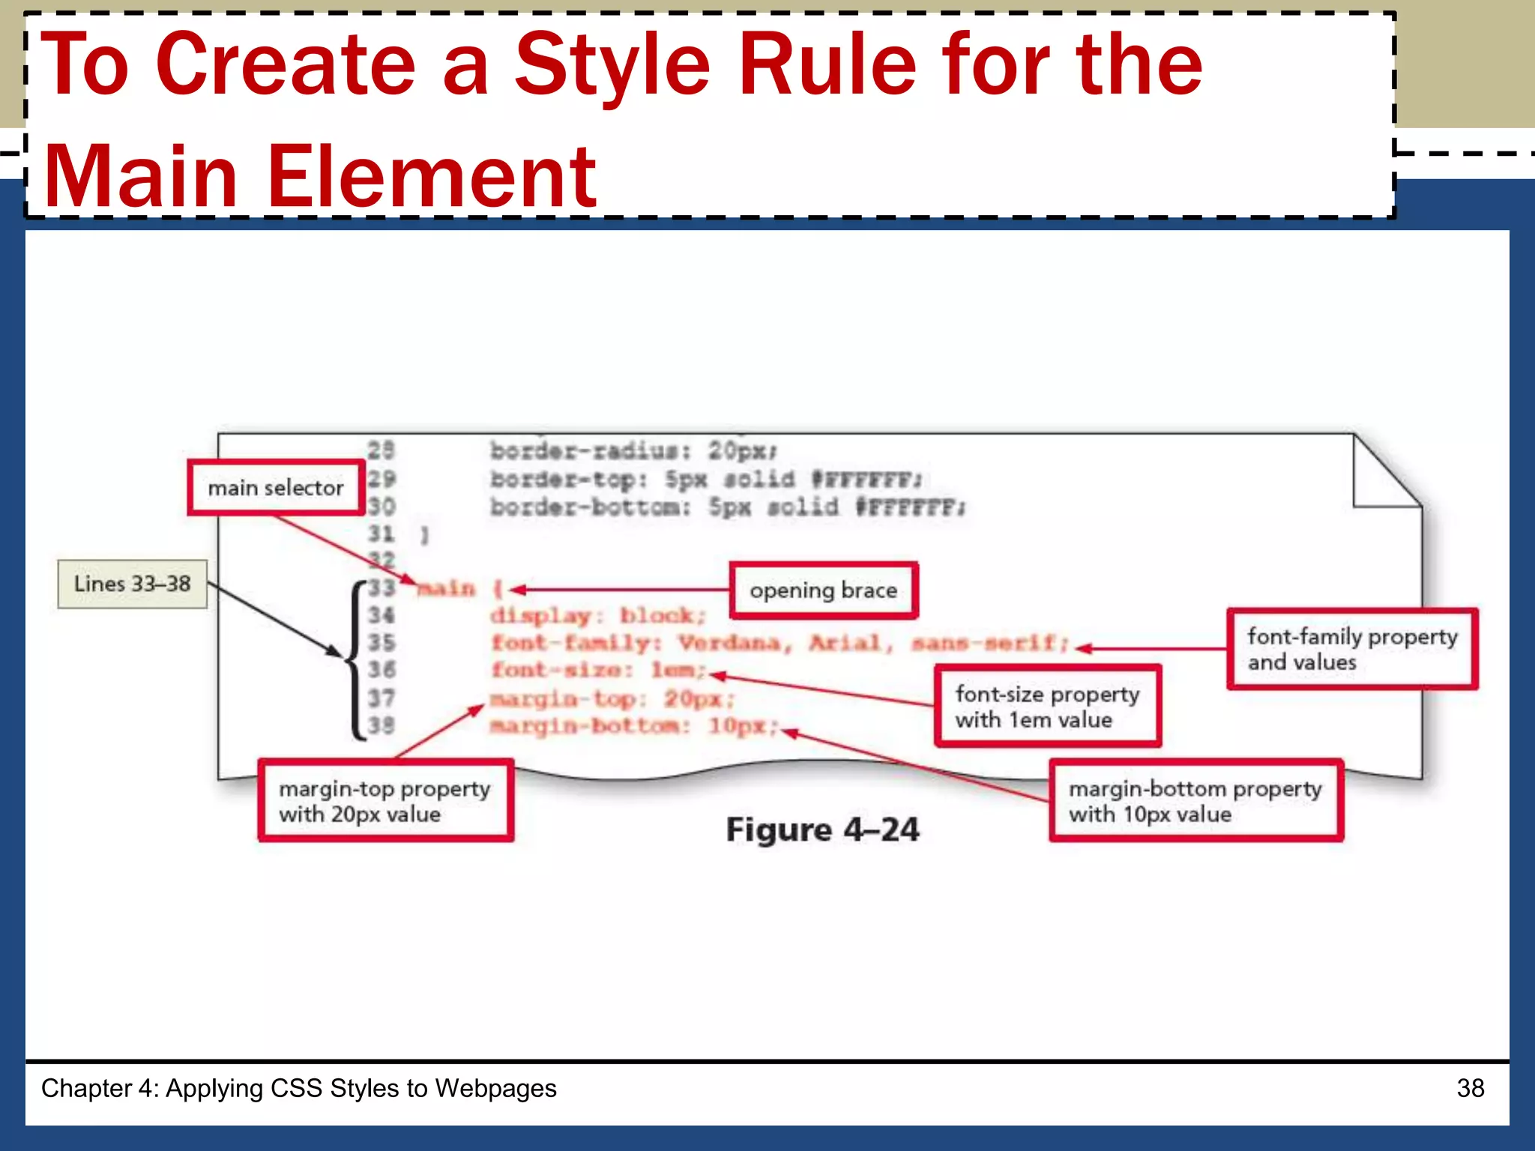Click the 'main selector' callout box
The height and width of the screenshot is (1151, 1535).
(x=275, y=488)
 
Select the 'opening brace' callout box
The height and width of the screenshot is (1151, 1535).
(x=823, y=590)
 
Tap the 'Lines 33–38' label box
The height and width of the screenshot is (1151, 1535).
(x=133, y=584)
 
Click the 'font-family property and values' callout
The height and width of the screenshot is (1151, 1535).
(x=1351, y=649)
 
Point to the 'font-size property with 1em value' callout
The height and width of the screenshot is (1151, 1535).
(x=1047, y=706)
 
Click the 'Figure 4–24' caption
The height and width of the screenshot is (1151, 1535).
(x=822, y=830)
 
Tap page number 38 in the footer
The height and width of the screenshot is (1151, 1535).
(x=1470, y=1088)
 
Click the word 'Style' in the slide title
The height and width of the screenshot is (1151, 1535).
(x=612, y=66)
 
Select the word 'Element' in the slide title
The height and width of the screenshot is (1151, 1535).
(x=432, y=177)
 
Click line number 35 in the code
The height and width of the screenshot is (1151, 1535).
(x=381, y=643)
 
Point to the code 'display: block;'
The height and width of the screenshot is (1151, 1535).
(x=598, y=616)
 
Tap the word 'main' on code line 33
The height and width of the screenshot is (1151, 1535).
(x=447, y=589)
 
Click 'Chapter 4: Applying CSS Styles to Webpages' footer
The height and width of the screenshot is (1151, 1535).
(x=298, y=1088)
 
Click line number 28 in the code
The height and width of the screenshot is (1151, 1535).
(x=381, y=450)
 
